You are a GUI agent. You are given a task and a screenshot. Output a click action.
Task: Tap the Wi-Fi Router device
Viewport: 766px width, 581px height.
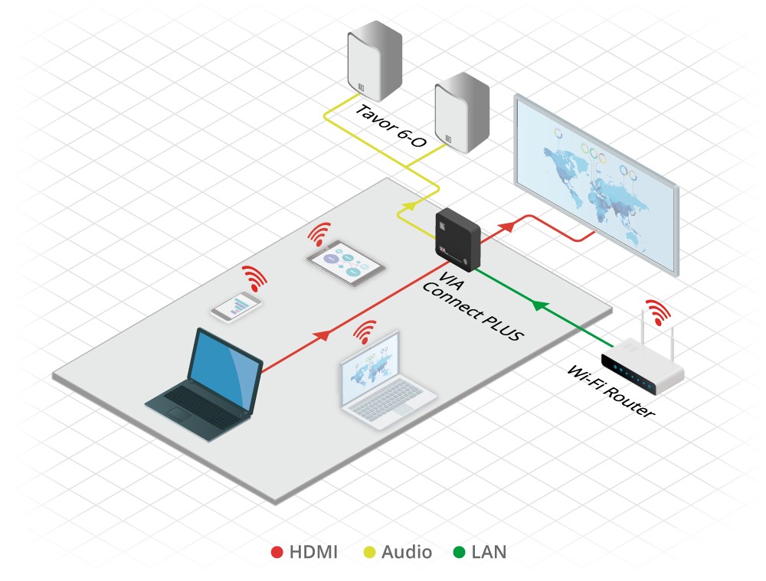(x=643, y=368)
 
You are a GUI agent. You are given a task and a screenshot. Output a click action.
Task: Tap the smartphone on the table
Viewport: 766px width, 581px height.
(x=237, y=306)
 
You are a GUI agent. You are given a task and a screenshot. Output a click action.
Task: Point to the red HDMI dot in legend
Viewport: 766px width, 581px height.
(x=277, y=552)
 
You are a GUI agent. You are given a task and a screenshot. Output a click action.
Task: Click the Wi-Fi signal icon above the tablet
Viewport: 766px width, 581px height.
(x=321, y=232)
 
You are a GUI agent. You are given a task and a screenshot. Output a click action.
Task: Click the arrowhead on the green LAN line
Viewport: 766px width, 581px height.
(x=539, y=305)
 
